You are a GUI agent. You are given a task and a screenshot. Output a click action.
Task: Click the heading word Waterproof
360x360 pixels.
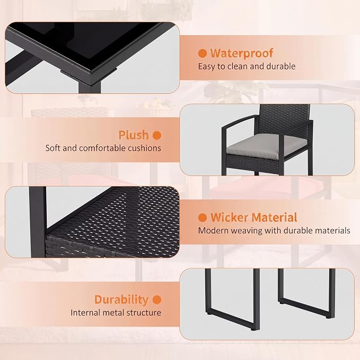point(242,53)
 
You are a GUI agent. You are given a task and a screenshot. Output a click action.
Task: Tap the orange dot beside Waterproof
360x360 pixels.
point(203,53)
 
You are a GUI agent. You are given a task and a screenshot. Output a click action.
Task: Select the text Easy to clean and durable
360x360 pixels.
point(247,66)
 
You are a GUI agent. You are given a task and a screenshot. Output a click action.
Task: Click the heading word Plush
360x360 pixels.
point(134,135)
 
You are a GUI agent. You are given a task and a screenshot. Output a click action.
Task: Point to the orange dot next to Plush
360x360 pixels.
point(157,135)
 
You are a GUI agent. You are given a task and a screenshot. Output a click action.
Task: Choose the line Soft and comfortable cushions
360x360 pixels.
point(103,148)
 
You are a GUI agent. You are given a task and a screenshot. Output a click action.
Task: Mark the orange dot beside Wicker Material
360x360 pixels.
point(203,217)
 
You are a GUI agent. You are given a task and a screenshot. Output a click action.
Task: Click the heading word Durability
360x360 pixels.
point(121,300)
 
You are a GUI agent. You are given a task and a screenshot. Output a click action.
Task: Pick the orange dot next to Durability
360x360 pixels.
point(157,300)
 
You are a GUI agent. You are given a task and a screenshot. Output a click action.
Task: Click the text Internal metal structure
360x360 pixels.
point(116,312)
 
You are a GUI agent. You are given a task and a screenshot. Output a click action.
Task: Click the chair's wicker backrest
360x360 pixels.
point(284,117)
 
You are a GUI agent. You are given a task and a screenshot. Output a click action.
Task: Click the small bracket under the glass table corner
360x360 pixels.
point(89,71)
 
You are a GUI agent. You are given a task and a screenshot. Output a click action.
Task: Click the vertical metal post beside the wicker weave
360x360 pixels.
point(38,222)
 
